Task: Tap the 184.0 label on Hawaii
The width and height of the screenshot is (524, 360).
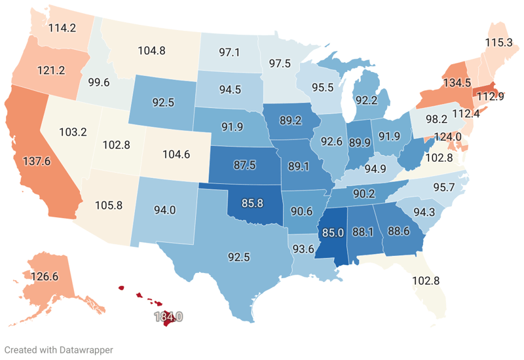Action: (x=168, y=317)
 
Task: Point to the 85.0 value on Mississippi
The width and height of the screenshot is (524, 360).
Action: (x=333, y=232)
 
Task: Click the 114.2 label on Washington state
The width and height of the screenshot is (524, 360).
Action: (x=64, y=28)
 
